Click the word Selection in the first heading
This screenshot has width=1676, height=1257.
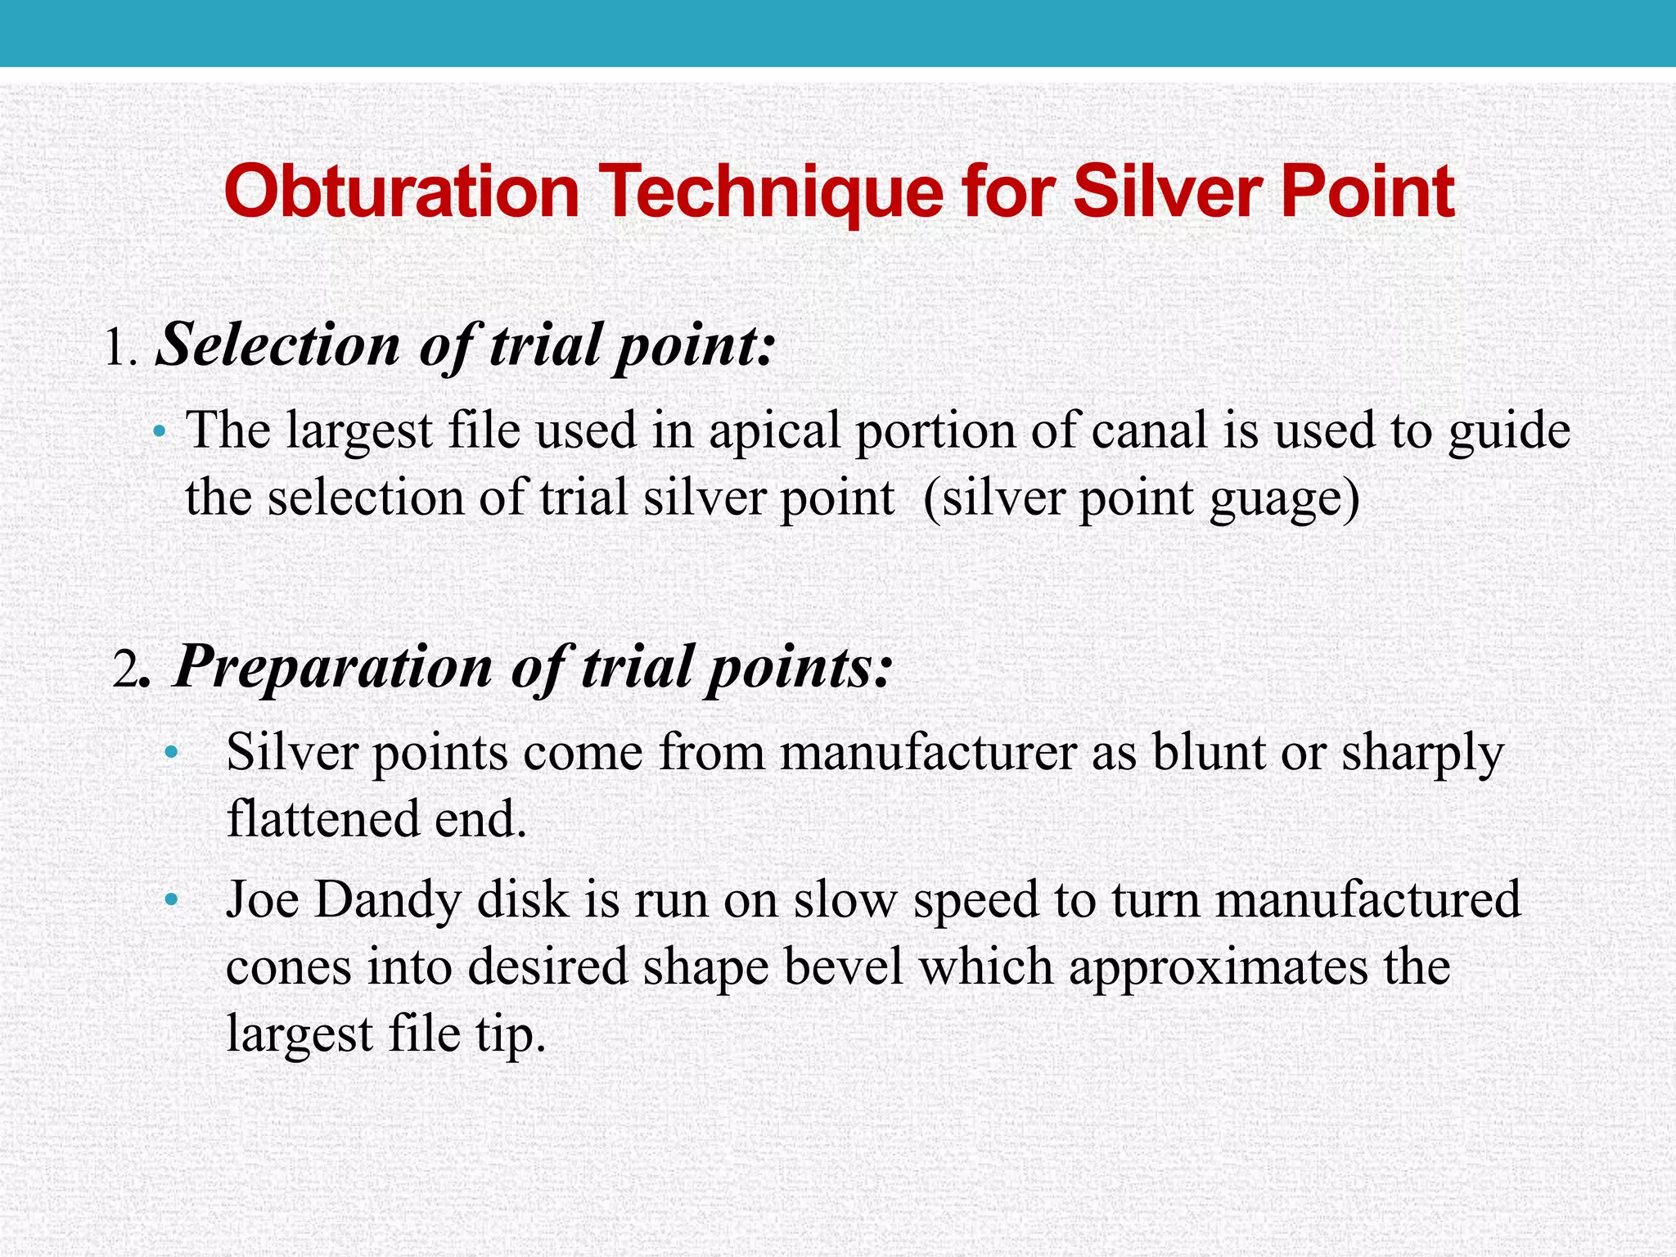(x=278, y=345)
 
